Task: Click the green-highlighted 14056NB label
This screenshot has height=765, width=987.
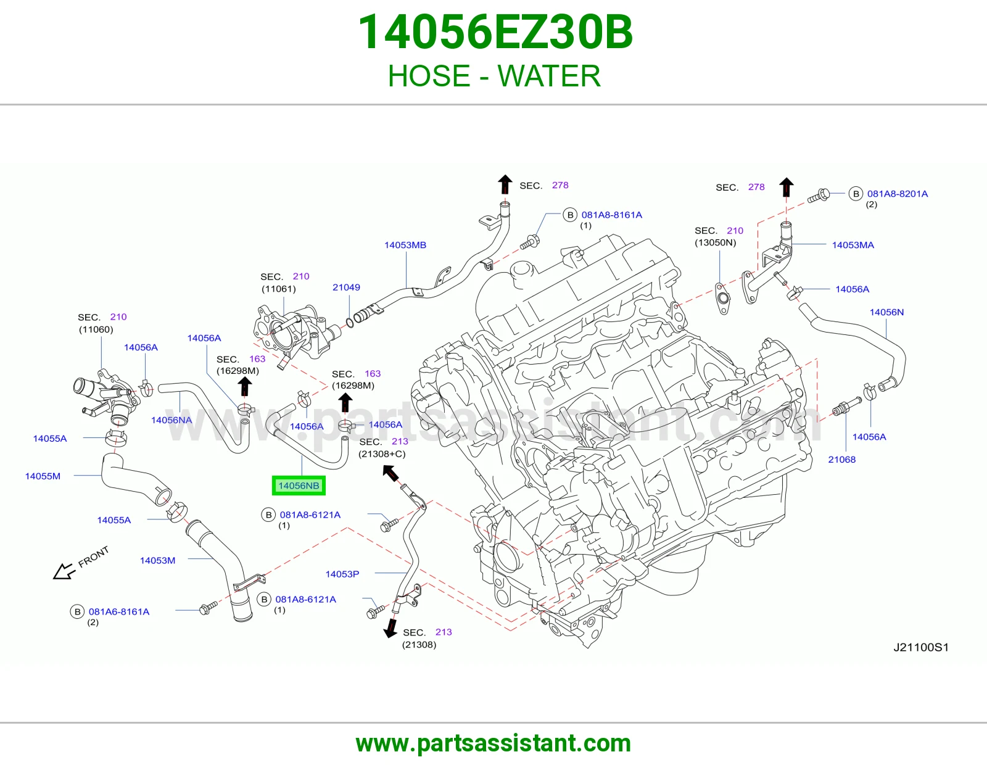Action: point(299,486)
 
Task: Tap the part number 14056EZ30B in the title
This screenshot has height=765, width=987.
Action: point(495,32)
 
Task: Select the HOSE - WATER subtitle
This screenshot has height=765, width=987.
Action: point(494,76)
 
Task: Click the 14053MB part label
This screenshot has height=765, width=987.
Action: point(405,245)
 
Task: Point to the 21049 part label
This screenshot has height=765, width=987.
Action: point(346,287)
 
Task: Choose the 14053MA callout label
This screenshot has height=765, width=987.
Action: point(853,245)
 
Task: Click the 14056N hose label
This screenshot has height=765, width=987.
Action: point(886,312)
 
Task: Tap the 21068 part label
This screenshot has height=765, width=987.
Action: point(841,459)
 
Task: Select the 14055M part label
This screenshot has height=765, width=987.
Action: point(43,476)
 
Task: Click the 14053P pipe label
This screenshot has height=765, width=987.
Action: point(342,574)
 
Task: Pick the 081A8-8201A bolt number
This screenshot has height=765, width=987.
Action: point(897,194)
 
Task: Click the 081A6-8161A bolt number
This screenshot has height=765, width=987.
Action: point(119,611)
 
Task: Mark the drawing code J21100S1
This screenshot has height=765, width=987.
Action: point(920,647)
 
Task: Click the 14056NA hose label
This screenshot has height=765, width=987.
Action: point(171,420)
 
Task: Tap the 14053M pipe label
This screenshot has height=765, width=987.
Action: point(157,560)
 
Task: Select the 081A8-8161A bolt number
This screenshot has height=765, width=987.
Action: point(612,215)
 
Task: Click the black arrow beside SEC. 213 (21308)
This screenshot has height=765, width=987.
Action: point(390,628)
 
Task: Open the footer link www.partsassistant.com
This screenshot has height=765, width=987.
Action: point(493,743)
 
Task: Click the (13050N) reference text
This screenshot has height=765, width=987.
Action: point(715,242)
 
